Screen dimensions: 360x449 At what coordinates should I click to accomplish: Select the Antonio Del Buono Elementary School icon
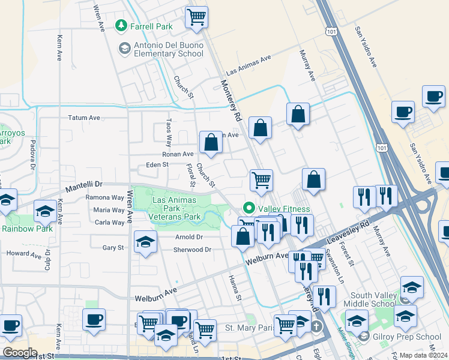pos(124,49)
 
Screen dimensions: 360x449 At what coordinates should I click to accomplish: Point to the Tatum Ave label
pos(83,118)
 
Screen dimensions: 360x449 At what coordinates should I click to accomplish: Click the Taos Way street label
pos(169,137)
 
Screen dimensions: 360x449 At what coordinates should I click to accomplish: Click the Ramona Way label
pos(104,197)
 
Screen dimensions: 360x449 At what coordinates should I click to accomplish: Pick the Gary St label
pos(113,247)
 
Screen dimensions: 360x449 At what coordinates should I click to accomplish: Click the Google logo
pos(20,353)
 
